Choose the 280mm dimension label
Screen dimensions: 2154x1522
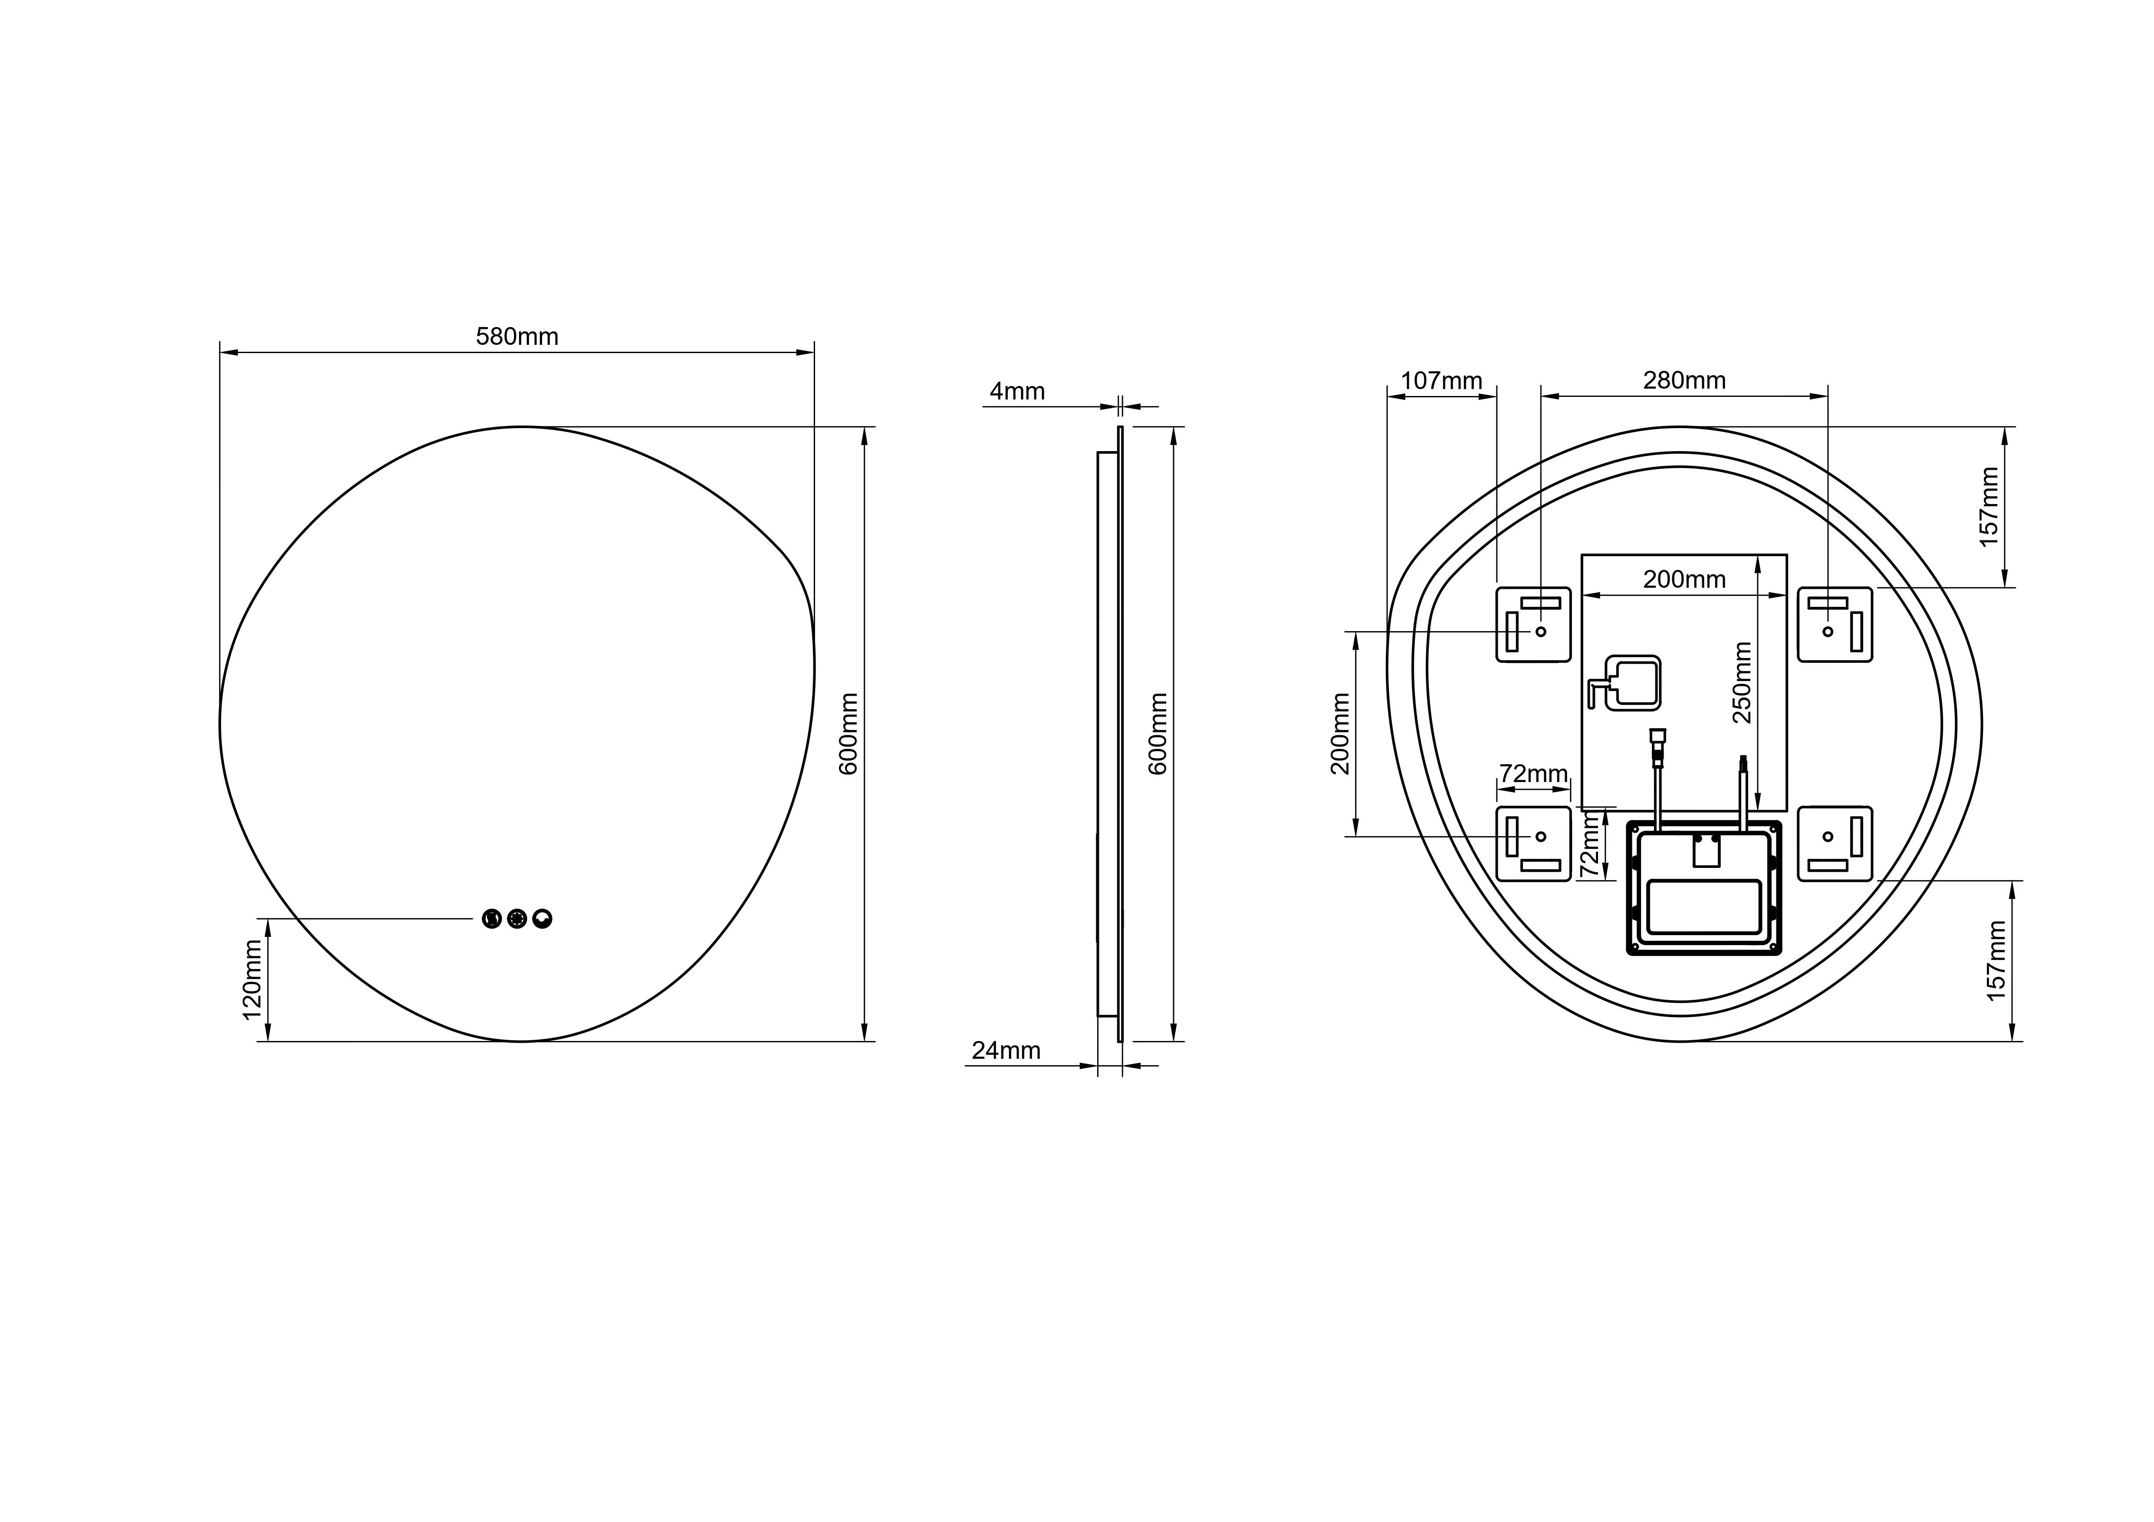1684,381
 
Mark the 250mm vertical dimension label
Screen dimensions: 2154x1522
1742,683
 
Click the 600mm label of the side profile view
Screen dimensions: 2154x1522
1159,733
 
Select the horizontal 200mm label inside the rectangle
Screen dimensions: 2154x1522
1684,579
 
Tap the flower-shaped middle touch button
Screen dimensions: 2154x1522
517,919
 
